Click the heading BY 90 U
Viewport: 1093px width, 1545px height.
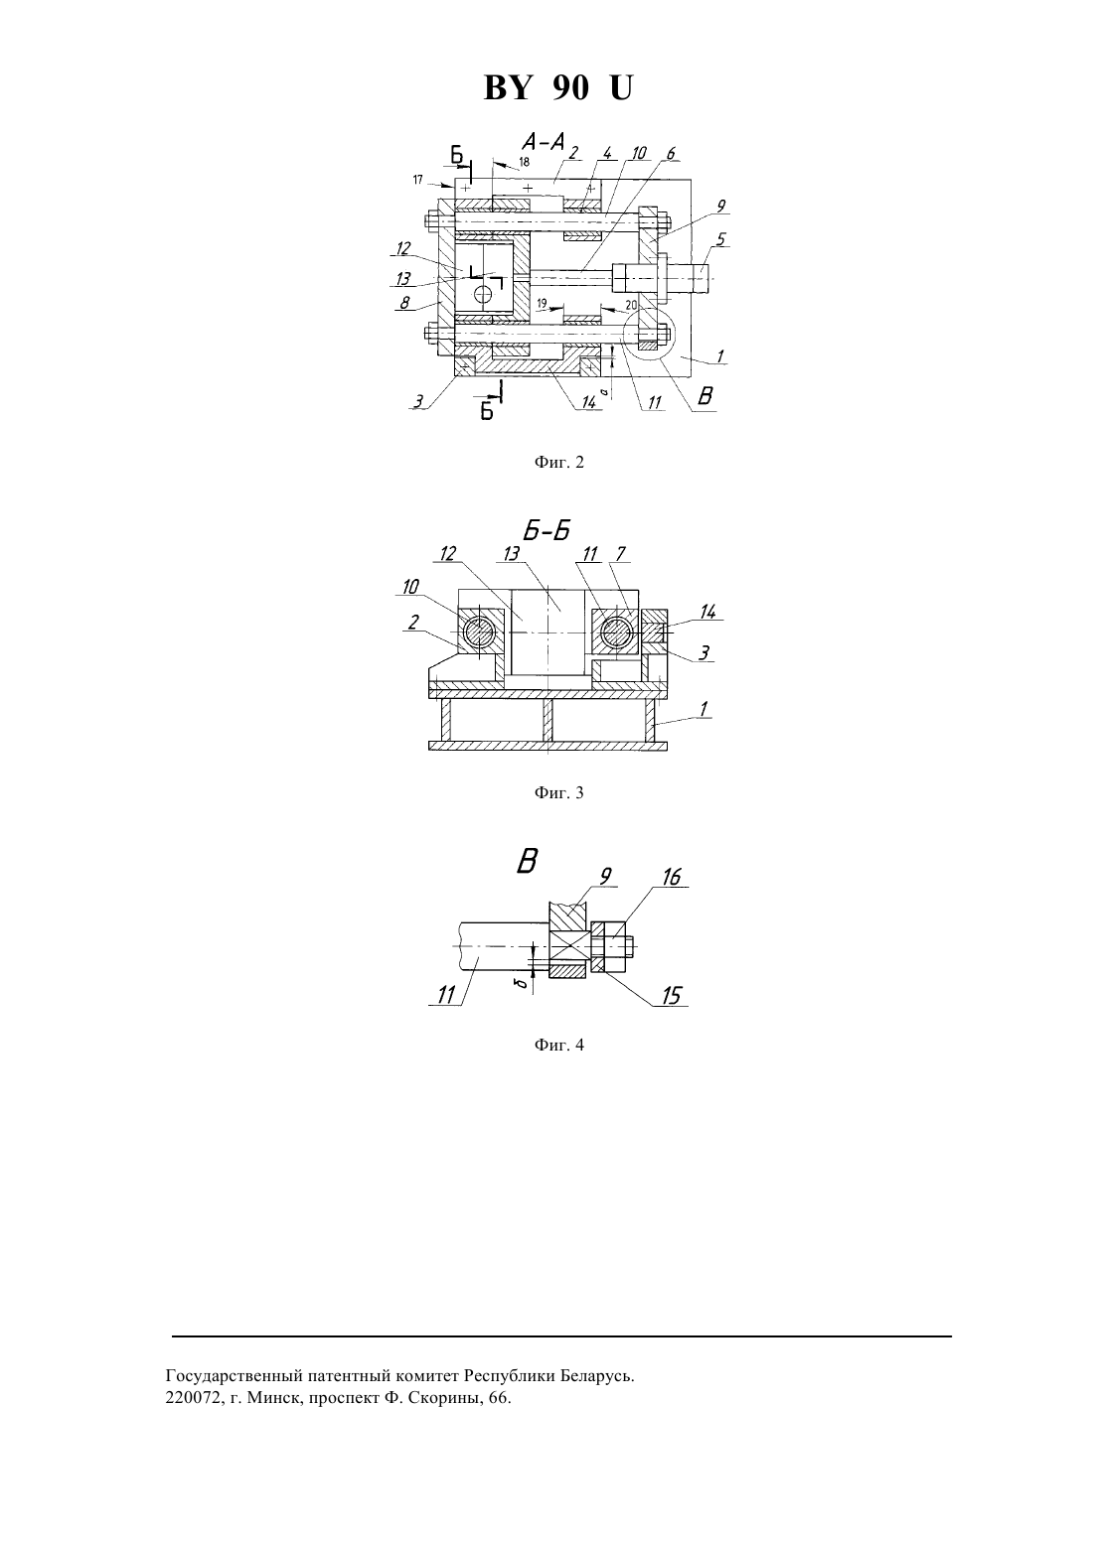(557, 88)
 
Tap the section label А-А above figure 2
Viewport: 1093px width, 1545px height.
(544, 142)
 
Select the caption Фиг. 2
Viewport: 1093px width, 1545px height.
(558, 462)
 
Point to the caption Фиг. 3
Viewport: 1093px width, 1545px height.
(558, 792)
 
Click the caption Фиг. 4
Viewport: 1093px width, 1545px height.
(558, 1045)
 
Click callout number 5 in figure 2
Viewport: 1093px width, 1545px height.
(721, 239)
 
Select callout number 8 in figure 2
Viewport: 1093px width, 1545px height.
(405, 303)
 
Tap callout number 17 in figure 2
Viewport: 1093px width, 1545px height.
(418, 180)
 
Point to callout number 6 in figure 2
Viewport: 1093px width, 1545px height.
(672, 154)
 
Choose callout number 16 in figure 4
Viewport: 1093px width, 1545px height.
(672, 877)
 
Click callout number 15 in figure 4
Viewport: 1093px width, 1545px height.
(672, 995)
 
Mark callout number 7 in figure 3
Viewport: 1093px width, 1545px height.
(621, 554)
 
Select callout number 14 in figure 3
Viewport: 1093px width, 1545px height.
(707, 611)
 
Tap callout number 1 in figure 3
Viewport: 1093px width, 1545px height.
(703, 708)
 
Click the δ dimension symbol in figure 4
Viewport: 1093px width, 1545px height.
(526, 982)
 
